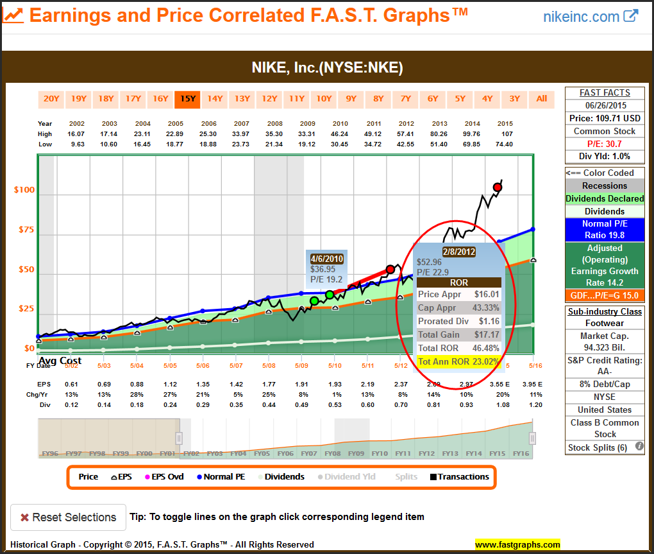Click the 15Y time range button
tap(187, 98)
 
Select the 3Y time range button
tap(514, 98)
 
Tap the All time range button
tap(542, 98)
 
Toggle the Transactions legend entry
tap(459, 477)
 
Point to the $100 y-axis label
tap(24, 190)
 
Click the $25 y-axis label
tap(26, 309)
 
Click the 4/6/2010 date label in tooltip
tap(327, 259)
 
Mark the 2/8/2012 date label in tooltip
tap(458, 252)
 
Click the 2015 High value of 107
tap(505, 134)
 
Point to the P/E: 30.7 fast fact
tap(604, 143)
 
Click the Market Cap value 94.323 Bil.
tap(604, 347)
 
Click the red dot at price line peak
tap(498, 187)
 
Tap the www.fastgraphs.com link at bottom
tap(517, 545)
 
